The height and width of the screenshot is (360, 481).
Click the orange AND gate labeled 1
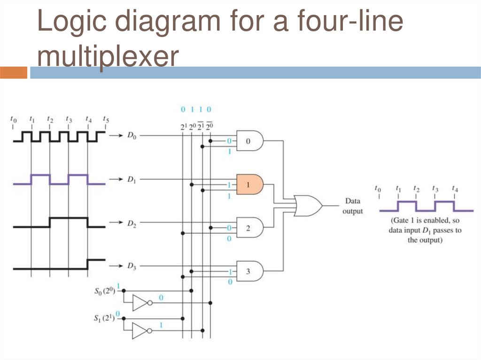(x=249, y=184)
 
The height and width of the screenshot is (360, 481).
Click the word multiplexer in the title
(x=108, y=57)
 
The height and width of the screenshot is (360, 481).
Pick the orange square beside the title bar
(x=14, y=73)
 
